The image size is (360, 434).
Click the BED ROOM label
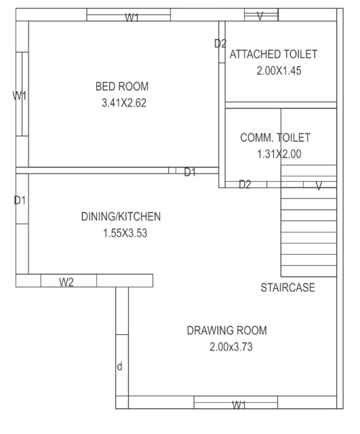coord(121,87)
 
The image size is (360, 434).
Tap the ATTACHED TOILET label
coord(274,54)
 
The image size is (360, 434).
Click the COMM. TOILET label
coord(275,138)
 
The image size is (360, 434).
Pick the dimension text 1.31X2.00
coord(279,154)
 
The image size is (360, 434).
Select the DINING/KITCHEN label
coord(121,217)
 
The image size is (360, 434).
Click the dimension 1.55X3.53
coord(121,234)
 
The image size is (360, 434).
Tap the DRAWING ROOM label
coord(227,331)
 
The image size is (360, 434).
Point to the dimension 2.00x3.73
coord(227,347)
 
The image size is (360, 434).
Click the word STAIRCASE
coord(288,288)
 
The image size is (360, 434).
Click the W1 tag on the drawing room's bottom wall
coord(239,405)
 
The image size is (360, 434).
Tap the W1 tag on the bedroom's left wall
coord(20,96)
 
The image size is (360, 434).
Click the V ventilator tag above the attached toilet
coord(260,16)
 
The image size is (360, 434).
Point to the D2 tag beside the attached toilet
coord(220,44)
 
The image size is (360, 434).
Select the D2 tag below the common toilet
coord(245,184)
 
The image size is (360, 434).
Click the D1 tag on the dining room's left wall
coord(20,201)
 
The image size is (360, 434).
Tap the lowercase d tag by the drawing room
coord(120,367)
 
